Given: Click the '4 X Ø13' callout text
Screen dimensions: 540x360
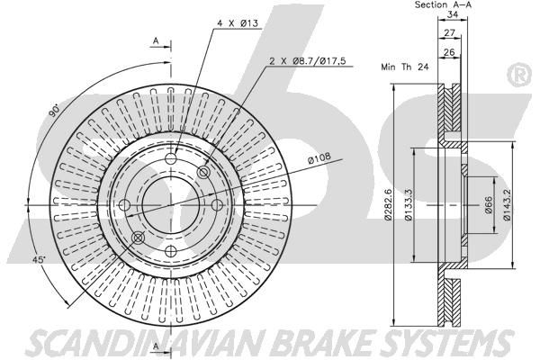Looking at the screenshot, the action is coord(238,23).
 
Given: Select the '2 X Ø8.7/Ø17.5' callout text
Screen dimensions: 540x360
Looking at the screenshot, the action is coord(307,61).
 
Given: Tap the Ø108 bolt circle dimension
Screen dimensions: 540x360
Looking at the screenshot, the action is coord(319,157).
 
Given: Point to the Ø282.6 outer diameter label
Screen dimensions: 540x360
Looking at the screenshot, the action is coord(388,204).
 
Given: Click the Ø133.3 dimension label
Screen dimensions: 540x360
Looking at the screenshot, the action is coord(409,204).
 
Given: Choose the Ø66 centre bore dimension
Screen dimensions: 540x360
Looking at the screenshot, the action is coord(489,204).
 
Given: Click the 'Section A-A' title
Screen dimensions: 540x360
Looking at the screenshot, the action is coord(443,4).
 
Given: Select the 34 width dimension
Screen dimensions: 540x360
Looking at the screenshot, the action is coord(452,14).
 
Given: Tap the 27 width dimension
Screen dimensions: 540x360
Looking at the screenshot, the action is coord(449,33).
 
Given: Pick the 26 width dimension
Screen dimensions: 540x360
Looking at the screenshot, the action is coord(449,52).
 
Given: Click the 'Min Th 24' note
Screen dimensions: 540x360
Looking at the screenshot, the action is coord(405,67).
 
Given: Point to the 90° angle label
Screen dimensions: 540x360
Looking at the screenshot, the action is coord(54,110).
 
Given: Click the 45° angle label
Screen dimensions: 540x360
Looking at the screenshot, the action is coord(39,260).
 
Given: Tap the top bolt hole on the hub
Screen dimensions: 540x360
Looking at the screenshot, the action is coord(171,158).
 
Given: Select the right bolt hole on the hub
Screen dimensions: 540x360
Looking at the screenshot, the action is coord(217,205).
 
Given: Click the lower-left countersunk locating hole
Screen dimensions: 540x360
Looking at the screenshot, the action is coord(139,238).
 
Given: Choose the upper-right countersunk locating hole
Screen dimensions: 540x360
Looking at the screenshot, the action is coord(203,172).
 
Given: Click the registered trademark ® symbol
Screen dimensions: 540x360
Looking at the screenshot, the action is coord(518,76).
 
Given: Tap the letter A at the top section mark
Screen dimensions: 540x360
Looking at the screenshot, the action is coord(156,41).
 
